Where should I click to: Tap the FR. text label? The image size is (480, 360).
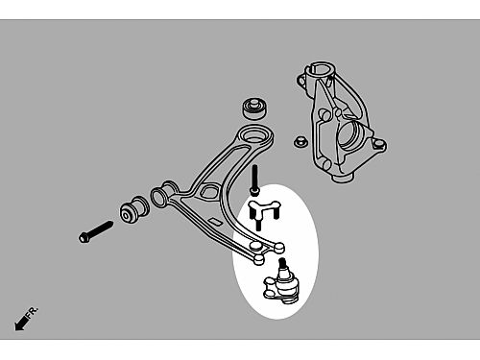[32, 312]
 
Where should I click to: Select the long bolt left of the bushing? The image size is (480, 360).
[96, 231]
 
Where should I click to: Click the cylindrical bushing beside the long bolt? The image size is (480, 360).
[134, 210]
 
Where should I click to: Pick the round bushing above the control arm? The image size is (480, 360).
[254, 108]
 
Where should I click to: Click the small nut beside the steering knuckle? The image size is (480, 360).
[300, 141]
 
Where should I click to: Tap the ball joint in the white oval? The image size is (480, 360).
[281, 284]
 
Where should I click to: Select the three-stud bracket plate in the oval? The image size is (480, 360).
[264, 212]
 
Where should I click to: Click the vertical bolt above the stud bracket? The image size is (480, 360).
[254, 180]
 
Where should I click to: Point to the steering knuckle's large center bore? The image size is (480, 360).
[348, 136]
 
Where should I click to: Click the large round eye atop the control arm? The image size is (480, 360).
[254, 135]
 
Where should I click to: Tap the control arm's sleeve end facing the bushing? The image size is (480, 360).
[158, 197]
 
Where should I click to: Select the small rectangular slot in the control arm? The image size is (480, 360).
[213, 221]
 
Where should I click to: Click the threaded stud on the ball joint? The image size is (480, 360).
[282, 264]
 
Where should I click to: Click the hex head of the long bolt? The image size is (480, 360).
[84, 237]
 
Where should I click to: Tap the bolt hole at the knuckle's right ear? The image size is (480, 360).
[379, 144]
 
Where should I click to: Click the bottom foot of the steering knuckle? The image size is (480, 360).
[343, 177]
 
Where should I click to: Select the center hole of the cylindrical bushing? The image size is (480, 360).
[127, 215]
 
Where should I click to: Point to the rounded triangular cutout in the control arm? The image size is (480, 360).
[208, 192]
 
